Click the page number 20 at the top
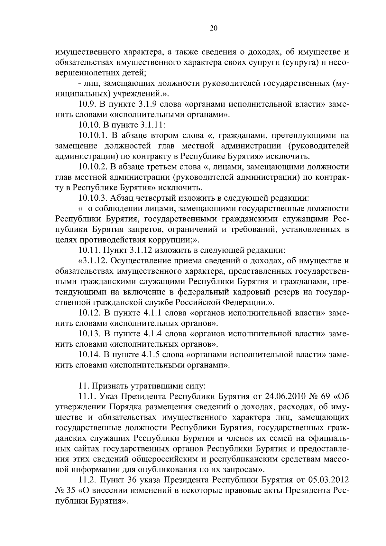(x=214, y=28)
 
